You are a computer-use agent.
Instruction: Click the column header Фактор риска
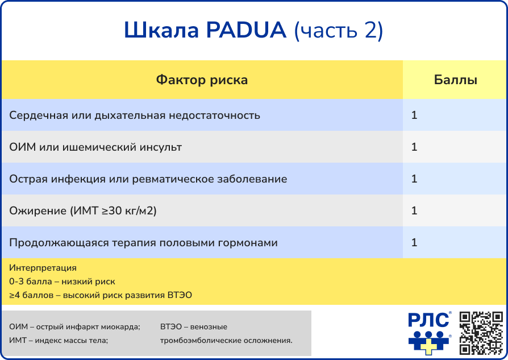[202, 80]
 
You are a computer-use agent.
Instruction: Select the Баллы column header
[455, 80]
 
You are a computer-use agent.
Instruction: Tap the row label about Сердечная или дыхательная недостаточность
[135, 115]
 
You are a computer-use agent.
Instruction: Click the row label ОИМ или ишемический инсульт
[95, 147]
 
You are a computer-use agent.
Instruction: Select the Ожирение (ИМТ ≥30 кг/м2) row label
[83, 210]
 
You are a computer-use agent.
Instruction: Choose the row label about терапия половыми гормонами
[143, 242]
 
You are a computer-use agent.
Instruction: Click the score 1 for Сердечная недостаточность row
[414, 115]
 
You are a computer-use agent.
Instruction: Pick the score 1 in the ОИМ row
[414, 147]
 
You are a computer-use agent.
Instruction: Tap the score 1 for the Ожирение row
[414, 210]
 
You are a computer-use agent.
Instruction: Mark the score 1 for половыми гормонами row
[414, 242]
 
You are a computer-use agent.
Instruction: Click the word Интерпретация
[43, 267]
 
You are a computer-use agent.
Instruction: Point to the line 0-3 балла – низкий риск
[62, 281]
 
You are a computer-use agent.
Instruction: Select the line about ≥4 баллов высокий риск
[101, 295]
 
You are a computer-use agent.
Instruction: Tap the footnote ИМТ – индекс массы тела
[59, 340]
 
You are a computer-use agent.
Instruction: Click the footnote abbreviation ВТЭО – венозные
[194, 327]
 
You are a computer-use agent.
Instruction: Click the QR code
[481, 333]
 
